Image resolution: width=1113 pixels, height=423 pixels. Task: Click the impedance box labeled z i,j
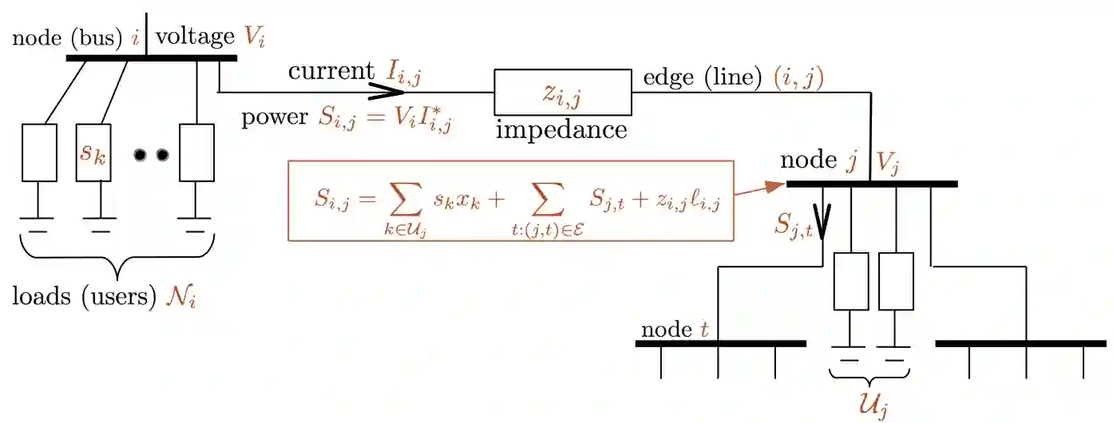(563, 93)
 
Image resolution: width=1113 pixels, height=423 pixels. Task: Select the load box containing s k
(93, 152)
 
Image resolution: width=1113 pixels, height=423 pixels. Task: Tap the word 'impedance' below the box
(561, 129)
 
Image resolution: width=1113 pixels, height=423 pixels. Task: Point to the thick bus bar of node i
(151, 57)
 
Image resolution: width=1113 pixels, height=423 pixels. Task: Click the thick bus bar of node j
(872, 184)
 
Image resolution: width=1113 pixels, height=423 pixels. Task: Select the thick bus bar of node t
(720, 344)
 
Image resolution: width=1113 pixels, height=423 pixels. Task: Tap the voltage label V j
(889, 163)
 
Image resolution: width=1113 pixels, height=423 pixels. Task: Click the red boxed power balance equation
(510, 200)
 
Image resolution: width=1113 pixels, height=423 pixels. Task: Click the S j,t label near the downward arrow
(793, 226)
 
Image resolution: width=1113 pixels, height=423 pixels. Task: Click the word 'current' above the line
(331, 71)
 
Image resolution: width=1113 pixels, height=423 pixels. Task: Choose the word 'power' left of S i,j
(274, 117)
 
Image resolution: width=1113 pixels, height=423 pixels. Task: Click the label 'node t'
(675, 330)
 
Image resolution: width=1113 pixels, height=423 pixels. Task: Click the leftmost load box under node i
(39, 152)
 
